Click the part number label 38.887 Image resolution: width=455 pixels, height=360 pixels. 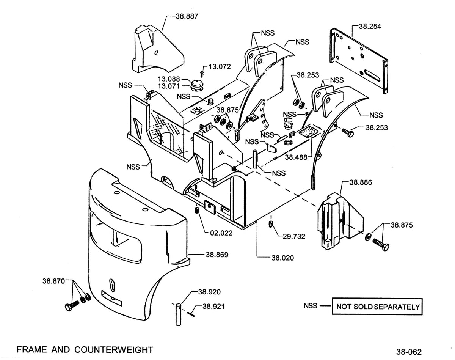[187, 16]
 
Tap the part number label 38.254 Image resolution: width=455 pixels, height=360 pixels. [370, 27]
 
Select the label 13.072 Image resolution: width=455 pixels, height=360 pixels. [220, 67]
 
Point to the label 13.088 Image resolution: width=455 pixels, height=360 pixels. [169, 79]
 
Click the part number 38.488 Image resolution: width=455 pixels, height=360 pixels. [296, 157]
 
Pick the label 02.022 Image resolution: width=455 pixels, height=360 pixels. [221, 233]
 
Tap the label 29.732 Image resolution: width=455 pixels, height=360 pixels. [294, 236]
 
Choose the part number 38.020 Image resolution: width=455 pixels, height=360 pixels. [283, 258]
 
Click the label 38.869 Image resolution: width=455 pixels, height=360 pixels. [217, 255]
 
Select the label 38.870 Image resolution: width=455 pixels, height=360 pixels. [53, 281]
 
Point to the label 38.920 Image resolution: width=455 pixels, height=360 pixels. [209, 292]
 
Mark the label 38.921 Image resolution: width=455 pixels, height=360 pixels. [213, 306]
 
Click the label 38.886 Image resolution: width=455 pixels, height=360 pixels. [361, 182]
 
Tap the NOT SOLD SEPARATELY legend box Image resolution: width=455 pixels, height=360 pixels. [377, 307]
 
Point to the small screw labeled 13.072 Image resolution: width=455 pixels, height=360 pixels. [201, 74]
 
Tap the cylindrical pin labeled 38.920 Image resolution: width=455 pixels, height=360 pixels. [179, 314]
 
